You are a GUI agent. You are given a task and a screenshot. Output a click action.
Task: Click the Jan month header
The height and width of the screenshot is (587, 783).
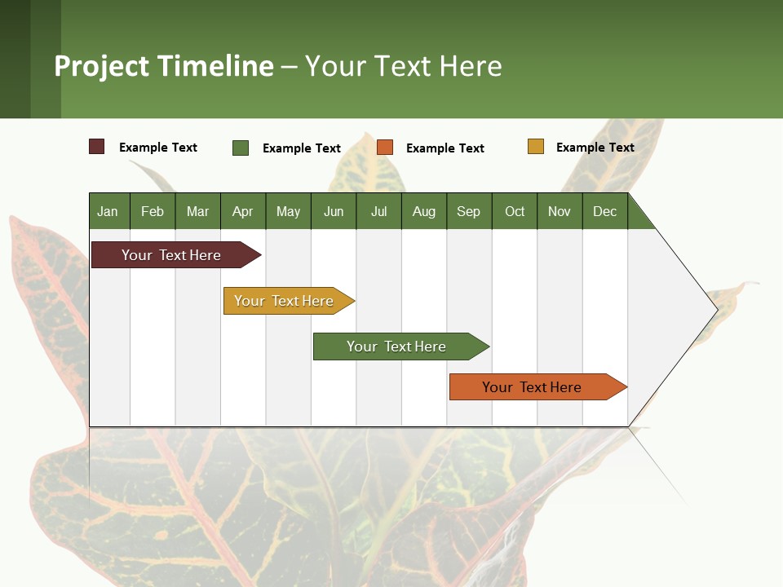[108, 211]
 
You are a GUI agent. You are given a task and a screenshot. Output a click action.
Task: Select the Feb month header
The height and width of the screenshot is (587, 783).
[153, 211]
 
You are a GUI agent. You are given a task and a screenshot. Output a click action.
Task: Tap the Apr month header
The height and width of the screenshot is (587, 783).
[243, 211]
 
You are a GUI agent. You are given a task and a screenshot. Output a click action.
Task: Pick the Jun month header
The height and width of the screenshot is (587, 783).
[334, 211]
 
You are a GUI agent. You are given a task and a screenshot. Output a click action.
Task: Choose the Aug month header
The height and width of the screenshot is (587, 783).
[424, 211]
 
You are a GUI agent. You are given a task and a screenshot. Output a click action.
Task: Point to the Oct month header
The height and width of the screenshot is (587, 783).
[515, 211]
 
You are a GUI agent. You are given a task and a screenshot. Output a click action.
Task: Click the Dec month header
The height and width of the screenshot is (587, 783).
[605, 211]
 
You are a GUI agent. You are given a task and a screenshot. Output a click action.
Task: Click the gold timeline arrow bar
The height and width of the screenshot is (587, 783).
[285, 301]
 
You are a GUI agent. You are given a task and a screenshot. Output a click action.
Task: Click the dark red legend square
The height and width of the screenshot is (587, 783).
[97, 147]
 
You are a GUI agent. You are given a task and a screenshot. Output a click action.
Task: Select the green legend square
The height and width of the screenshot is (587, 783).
[241, 148]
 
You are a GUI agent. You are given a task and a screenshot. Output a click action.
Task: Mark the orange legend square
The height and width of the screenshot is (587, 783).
[385, 148]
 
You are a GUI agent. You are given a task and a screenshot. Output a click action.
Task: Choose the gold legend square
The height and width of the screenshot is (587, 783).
[536, 147]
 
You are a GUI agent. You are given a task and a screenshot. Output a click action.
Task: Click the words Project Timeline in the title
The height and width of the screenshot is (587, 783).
[164, 66]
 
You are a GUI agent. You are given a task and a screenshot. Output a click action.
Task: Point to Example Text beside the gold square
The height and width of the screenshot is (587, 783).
[595, 148]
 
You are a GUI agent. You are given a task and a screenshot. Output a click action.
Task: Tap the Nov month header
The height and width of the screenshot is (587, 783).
[560, 211]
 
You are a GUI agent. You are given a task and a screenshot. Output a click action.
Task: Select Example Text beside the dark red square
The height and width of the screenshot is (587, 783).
[158, 148]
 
